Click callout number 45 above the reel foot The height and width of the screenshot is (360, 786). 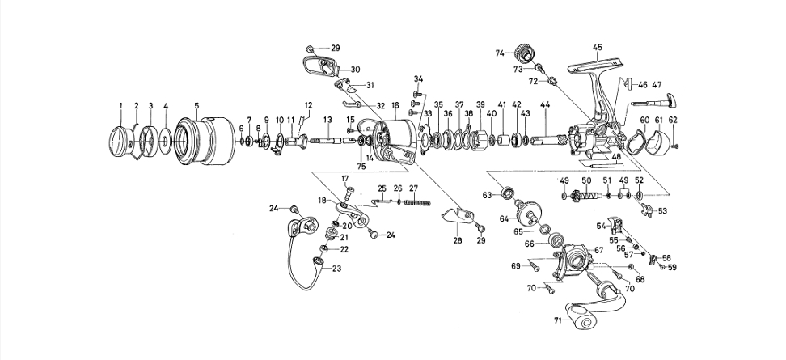(597, 47)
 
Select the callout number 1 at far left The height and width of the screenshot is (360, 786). (121, 106)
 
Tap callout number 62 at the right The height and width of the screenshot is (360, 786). (673, 120)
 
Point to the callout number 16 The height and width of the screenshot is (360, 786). (395, 106)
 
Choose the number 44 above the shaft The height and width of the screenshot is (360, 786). (545, 105)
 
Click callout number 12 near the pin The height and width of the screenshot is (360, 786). (307, 105)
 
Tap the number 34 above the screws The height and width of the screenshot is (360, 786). (418, 78)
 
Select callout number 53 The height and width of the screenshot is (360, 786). (662, 210)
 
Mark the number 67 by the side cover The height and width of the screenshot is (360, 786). (599, 251)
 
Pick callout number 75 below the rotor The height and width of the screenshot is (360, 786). (361, 167)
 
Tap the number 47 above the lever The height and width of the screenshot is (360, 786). (657, 85)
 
